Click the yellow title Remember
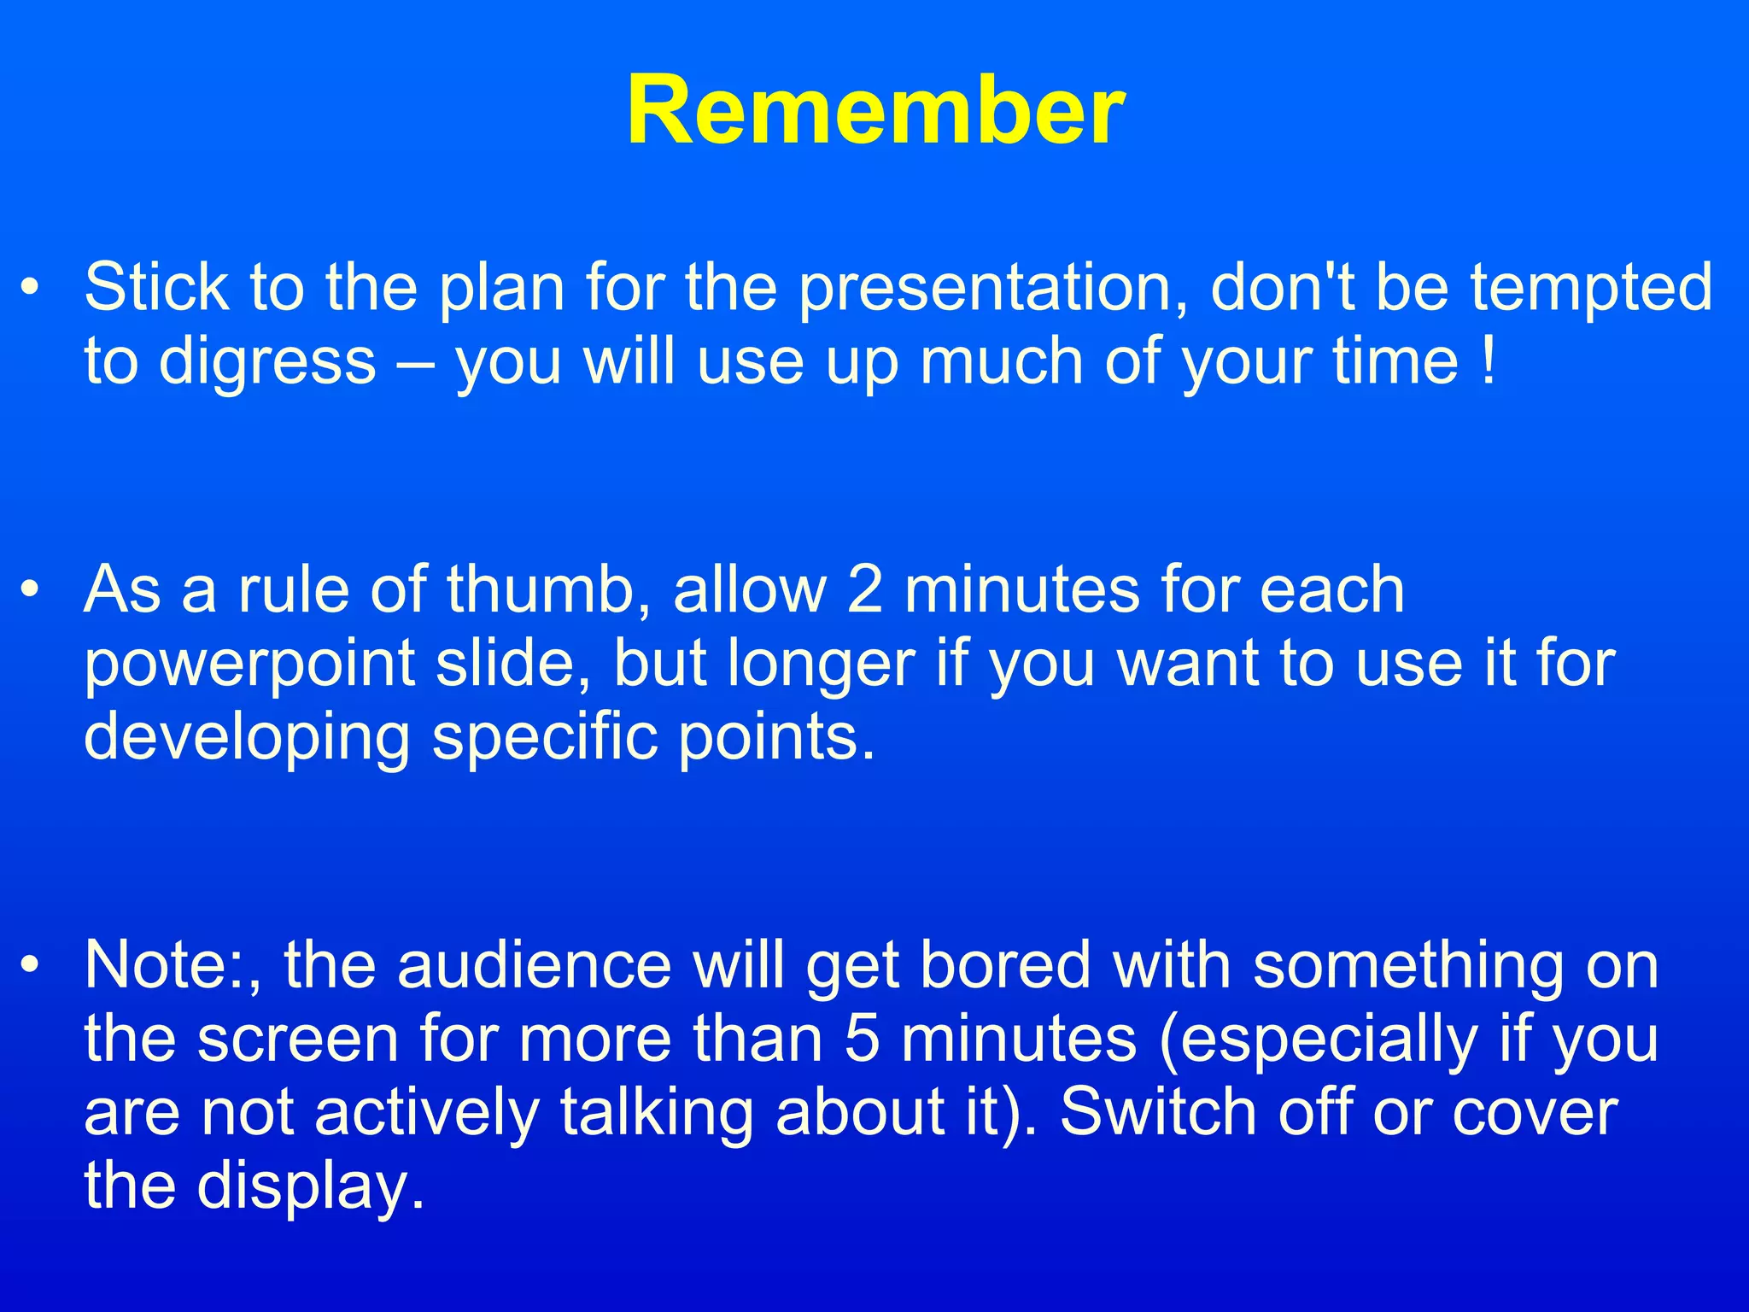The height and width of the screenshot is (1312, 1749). (x=874, y=111)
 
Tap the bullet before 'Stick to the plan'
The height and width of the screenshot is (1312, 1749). (x=31, y=288)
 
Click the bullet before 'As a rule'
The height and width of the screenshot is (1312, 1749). (x=31, y=589)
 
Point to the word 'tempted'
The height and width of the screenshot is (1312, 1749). (x=1590, y=289)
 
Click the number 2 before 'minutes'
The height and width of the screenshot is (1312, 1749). (x=864, y=589)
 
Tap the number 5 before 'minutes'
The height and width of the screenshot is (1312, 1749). (x=862, y=1040)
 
